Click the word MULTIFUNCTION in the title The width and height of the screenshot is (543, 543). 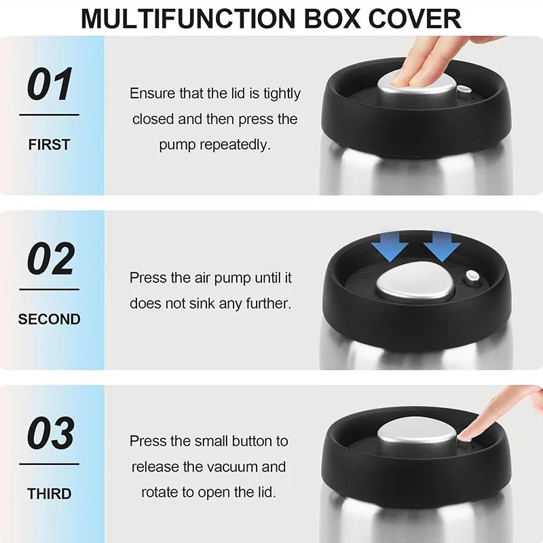189,18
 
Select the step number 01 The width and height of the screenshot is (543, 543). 50,84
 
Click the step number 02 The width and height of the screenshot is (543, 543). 50,259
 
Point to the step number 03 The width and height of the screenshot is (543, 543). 50,433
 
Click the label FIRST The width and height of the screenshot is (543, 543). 49,145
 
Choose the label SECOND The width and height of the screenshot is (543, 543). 49,319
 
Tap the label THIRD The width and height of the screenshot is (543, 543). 49,493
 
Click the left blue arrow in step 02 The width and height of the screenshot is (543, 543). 390,246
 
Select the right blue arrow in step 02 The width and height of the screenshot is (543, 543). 442,246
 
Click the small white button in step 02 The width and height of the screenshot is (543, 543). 472,276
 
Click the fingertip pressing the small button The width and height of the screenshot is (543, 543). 466,434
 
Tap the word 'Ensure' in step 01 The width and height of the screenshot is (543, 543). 152,94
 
